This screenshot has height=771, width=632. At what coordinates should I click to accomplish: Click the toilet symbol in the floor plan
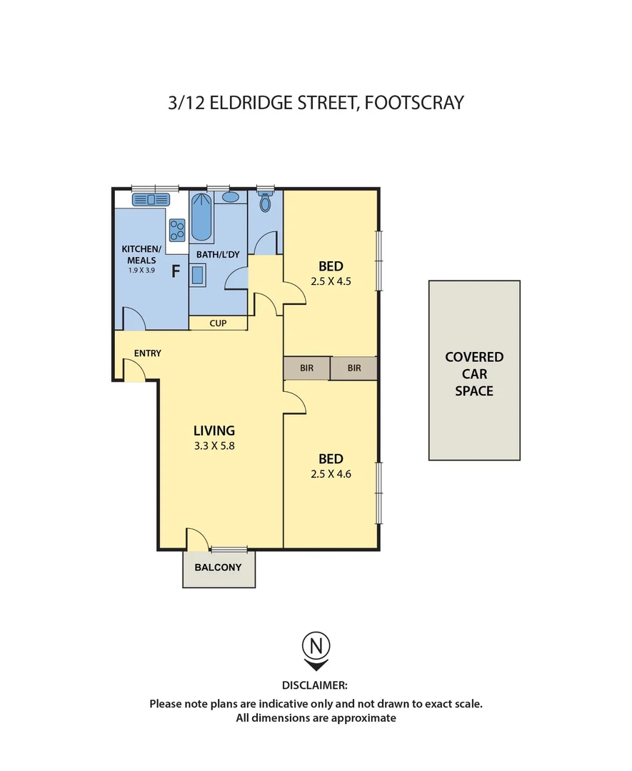266,203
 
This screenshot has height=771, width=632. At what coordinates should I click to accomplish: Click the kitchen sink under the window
150,200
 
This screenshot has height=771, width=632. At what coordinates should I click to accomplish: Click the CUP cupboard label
218,323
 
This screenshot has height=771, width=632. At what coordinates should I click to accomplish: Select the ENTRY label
147,353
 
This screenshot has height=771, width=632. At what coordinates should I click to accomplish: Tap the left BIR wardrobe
307,368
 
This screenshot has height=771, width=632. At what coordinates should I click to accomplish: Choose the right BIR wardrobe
353,368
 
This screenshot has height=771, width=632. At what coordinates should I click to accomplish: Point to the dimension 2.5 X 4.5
331,281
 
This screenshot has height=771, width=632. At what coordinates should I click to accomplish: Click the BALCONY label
219,568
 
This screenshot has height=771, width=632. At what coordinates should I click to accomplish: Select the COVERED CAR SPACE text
474,373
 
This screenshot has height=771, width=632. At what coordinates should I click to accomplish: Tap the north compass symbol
316,648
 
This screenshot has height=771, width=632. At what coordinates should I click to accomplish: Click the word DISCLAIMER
316,685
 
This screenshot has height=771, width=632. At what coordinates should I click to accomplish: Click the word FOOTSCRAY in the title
414,103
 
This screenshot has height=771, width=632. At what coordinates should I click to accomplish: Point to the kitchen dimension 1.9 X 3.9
141,271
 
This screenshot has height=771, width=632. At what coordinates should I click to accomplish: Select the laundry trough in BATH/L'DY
198,275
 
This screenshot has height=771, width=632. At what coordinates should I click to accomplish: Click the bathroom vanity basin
230,197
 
